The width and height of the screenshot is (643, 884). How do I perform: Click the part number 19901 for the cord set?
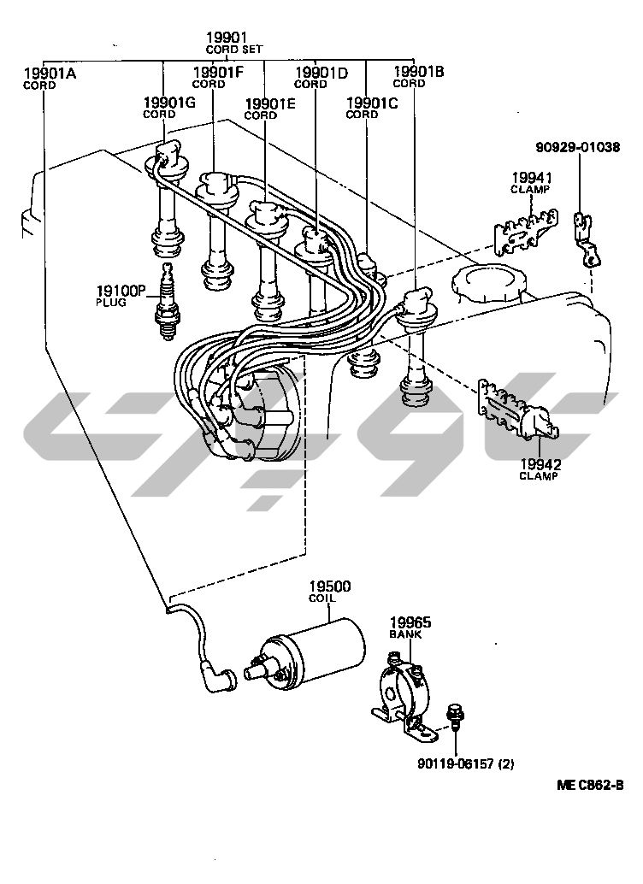pos(227,38)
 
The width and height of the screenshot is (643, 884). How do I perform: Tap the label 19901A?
pos(50,74)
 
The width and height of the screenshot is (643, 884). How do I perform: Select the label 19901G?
pos(169,103)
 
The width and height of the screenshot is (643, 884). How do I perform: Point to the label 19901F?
pos(220,73)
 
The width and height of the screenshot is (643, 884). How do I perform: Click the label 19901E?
pos(270,104)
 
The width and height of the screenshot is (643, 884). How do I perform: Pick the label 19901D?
pos(321,73)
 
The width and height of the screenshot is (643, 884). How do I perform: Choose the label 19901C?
pos(372,103)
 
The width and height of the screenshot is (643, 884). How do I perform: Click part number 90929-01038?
pos(578,147)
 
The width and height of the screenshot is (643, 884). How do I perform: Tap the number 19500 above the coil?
pos(329,587)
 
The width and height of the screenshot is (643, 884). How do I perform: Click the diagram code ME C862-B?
pos(590,786)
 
